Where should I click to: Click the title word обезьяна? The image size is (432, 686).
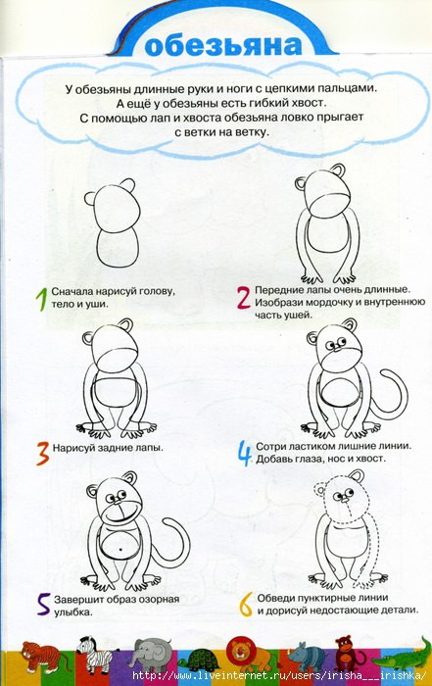click(x=223, y=45)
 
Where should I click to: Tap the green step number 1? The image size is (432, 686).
click(x=41, y=299)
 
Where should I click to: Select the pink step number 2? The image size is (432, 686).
click(x=244, y=298)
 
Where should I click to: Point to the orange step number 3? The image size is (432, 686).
click(x=42, y=453)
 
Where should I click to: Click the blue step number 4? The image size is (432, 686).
click(x=245, y=453)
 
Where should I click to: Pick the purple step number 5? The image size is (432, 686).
click(x=44, y=605)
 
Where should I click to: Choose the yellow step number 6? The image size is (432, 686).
click(x=246, y=605)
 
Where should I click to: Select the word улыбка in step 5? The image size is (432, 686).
click(x=73, y=612)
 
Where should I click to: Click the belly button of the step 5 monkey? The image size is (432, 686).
click(x=120, y=549)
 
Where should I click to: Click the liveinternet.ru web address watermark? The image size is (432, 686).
click(x=279, y=674)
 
